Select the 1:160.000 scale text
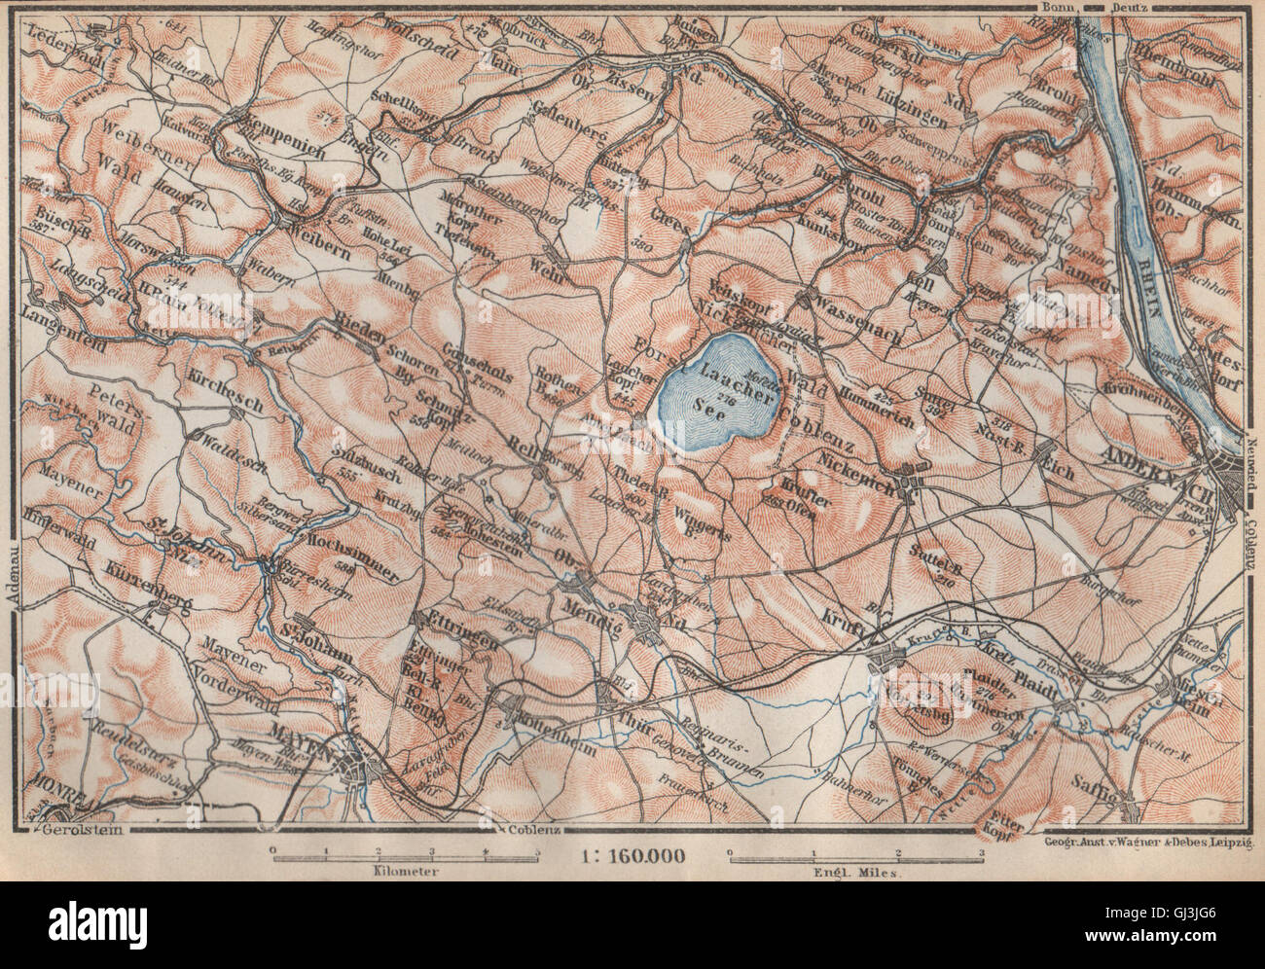[632, 856]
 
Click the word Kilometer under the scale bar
[404, 872]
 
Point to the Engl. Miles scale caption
[856, 872]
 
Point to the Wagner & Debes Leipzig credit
[1149, 837]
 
